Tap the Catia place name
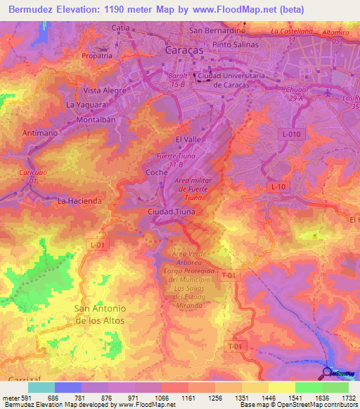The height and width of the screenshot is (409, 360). [x=122, y=28]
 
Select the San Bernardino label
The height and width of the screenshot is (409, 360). [x=216, y=31]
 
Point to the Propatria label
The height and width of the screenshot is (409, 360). [x=96, y=56]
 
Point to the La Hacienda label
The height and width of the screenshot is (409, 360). [x=79, y=200]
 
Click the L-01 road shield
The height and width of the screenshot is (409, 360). [x=98, y=245]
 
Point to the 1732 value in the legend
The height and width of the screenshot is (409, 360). [x=348, y=398]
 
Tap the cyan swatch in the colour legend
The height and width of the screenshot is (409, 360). [x=41, y=387]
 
